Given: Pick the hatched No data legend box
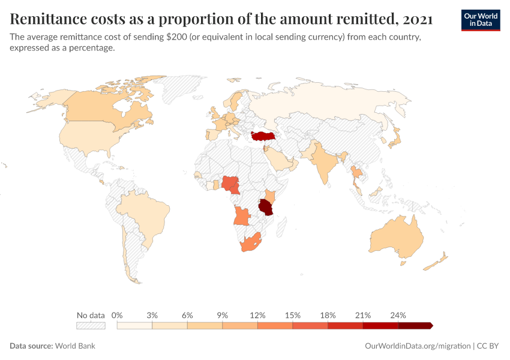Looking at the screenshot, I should click(x=91, y=326).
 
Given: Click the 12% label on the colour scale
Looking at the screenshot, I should click(x=257, y=315).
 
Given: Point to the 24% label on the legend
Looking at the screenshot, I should click(x=398, y=315).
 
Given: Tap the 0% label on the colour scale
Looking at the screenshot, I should click(x=118, y=315).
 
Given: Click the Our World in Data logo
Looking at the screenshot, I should click(x=480, y=20).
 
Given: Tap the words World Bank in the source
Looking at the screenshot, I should click(x=75, y=346).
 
